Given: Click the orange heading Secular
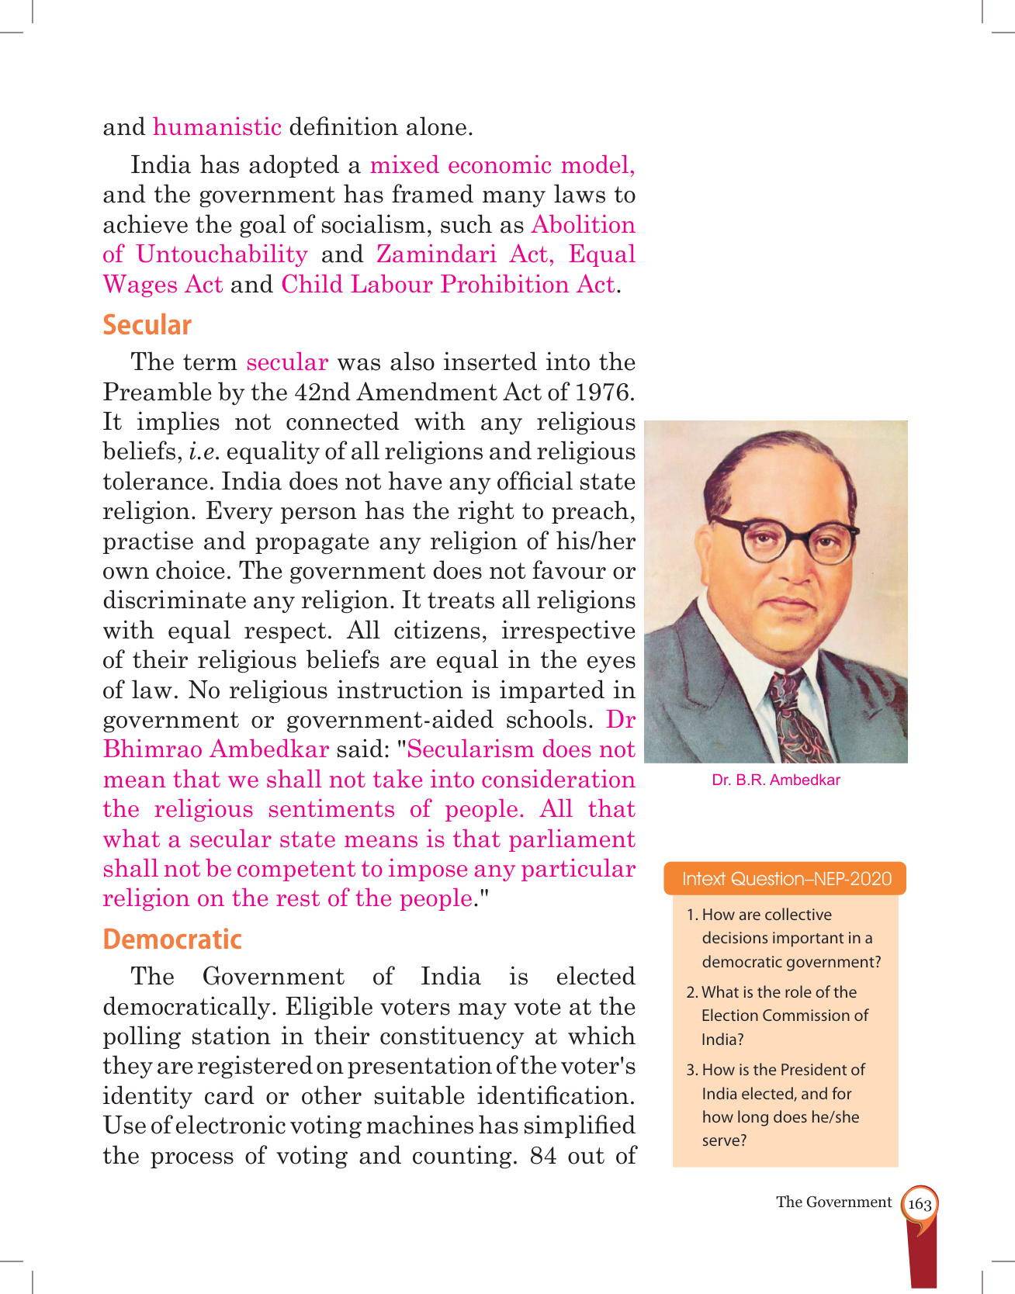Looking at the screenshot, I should [147, 325].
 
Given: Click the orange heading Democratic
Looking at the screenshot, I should [172, 939].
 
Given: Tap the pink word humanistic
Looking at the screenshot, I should [217, 127].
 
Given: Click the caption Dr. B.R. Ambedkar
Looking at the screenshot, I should [776, 780].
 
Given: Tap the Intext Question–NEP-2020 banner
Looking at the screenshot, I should [786, 879].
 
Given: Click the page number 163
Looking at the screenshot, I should [920, 1204].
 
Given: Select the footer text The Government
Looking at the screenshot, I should [833, 1202].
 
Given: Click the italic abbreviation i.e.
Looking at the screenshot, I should [203, 452].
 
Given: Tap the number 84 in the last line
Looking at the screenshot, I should [543, 1156].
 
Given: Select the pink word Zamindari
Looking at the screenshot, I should [436, 254].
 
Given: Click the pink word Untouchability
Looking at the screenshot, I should [222, 254].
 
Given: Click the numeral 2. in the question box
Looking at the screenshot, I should [692, 993].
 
